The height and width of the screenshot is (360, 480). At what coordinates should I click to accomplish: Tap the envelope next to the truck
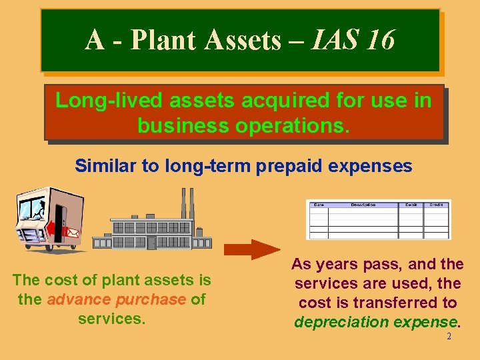(x=73, y=233)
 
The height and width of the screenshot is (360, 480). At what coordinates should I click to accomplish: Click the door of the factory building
(x=151, y=242)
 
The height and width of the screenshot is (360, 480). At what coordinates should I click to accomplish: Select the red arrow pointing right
(x=251, y=249)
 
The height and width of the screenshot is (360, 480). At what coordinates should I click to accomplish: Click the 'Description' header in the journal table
(x=363, y=205)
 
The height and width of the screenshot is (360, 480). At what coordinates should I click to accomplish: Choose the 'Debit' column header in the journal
(x=411, y=205)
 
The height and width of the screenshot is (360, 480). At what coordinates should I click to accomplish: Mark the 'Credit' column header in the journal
(x=436, y=205)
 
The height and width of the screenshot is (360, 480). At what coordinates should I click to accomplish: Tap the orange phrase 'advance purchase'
(x=116, y=299)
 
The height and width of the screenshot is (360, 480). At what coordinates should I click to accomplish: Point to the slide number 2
(x=449, y=337)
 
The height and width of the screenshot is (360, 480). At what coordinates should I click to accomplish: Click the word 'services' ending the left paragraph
(x=110, y=319)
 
